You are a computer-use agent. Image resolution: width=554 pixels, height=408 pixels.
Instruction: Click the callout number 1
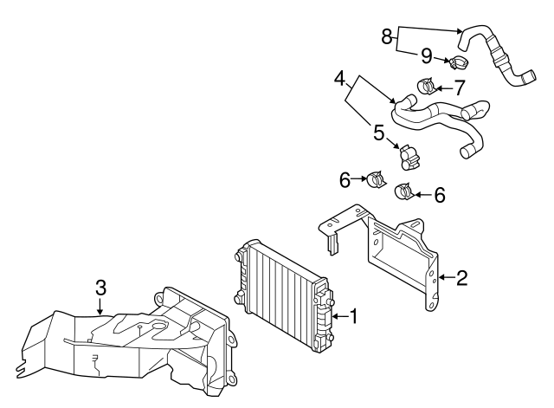pyautogui.click(x=354, y=315)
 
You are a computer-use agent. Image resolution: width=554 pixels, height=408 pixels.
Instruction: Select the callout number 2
pyautogui.click(x=461, y=277)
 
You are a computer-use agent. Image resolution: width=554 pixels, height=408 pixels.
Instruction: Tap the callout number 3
pyautogui.click(x=100, y=287)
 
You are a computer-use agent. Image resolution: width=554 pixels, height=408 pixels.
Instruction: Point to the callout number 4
pyautogui.click(x=339, y=79)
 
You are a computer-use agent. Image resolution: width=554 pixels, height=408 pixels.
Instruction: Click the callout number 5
pyautogui.click(x=379, y=133)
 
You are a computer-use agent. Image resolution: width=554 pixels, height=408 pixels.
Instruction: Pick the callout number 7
pyautogui.click(x=459, y=87)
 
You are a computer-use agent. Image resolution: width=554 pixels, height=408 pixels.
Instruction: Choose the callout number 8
pyautogui.click(x=387, y=36)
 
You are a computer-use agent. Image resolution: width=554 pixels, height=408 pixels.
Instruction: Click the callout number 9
pyautogui.click(x=427, y=55)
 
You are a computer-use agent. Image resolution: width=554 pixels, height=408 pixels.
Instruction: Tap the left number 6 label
pyautogui.click(x=345, y=179)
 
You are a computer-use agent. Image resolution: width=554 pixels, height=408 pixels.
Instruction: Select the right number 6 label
pyautogui.click(x=440, y=195)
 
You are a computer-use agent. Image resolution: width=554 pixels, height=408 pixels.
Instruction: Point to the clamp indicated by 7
pyautogui.click(x=426, y=86)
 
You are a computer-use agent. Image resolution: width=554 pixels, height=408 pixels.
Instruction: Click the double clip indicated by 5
pyautogui.click(x=409, y=158)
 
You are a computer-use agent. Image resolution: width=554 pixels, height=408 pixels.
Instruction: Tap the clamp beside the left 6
pyautogui.click(x=377, y=179)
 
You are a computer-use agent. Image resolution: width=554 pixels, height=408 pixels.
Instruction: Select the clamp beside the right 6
pyautogui.click(x=404, y=191)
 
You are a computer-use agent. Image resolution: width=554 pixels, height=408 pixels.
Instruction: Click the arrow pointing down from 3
pyautogui.click(x=100, y=306)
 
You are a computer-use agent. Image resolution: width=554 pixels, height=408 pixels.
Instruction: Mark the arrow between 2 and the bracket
pyautogui.click(x=447, y=277)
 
